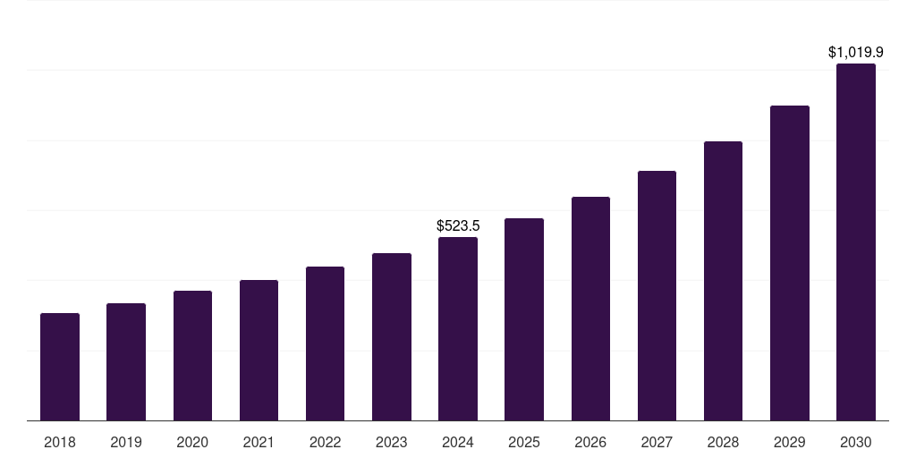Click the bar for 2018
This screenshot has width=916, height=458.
pyautogui.click(x=60, y=367)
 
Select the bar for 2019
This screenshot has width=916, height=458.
pyautogui.click(x=126, y=362)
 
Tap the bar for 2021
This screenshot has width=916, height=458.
pyautogui.click(x=259, y=351)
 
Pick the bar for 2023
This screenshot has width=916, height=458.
pyautogui.click(x=392, y=337)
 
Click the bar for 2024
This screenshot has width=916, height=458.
pyautogui.click(x=458, y=329)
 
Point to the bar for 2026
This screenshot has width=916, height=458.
pyautogui.click(x=590, y=309)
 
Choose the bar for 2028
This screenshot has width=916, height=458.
pyautogui.click(x=723, y=281)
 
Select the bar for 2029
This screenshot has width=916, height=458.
pyautogui.click(x=790, y=263)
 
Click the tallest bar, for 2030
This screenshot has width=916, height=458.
pyautogui.click(x=856, y=242)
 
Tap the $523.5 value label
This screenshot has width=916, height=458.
pyautogui.click(x=458, y=226)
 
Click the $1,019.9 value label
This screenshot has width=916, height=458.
pyautogui.click(x=856, y=53)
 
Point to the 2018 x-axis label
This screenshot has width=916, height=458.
pyautogui.click(x=60, y=442)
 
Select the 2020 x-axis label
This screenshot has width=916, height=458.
pyautogui.click(x=192, y=442)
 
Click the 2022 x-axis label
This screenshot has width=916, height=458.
pyautogui.click(x=325, y=442)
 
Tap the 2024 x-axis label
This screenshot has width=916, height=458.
pyautogui.click(x=458, y=442)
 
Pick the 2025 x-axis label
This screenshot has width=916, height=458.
pyautogui.click(x=524, y=442)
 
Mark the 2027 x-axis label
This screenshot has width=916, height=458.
pyautogui.click(x=657, y=442)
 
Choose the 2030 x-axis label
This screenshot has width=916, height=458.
pyautogui.click(x=856, y=442)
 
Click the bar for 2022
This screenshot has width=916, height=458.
pyautogui.click(x=325, y=343)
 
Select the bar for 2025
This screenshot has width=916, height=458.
pyautogui.click(x=524, y=319)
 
